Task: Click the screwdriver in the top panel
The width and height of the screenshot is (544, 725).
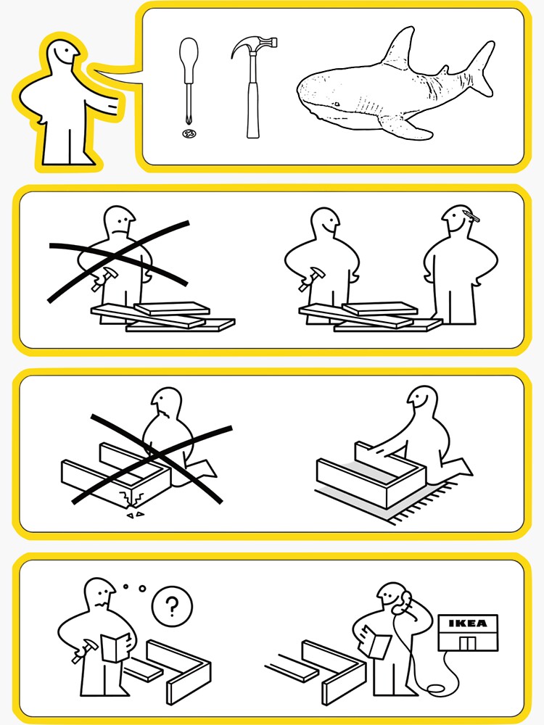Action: coord(189,81)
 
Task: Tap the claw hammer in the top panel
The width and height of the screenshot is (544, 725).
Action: coord(252,88)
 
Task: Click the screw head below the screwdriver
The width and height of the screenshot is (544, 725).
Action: coord(189,133)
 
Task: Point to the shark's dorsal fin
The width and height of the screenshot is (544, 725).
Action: coord(399,49)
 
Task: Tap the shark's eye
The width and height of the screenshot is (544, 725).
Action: coord(337,104)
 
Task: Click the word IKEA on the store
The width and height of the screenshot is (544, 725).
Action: coord(468,623)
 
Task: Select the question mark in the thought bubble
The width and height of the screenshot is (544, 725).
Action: coord(172,605)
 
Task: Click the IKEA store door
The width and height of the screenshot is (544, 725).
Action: coord(467,642)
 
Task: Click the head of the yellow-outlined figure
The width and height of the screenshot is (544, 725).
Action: coord(62,56)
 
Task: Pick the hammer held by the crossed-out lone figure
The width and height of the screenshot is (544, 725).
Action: coord(104,278)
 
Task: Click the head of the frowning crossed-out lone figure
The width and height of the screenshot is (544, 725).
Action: coord(119,223)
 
